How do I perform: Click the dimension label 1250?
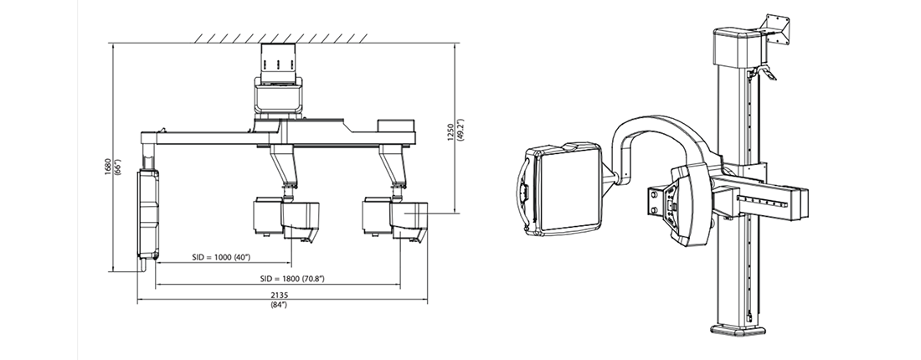point(450,132)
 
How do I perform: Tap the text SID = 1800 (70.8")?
point(292,278)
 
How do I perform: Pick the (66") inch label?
point(117,167)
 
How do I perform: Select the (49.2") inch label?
point(460,132)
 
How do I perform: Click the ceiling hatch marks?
point(281,39)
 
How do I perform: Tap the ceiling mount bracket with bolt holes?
point(278,62)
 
